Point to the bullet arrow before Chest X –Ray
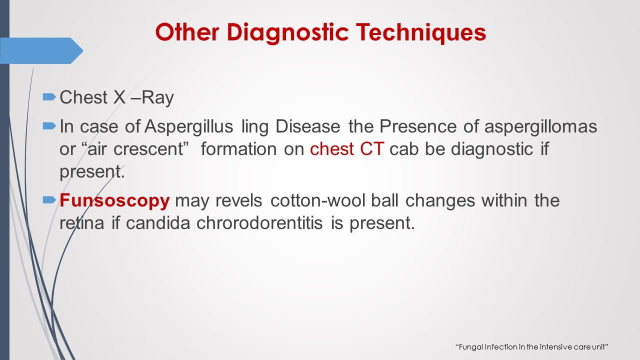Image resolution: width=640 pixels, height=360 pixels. point(49,96)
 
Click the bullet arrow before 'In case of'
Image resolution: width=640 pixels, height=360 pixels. point(49,126)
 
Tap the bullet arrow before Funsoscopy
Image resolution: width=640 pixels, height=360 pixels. point(49,200)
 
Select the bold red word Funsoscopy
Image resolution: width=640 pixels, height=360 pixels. point(115,200)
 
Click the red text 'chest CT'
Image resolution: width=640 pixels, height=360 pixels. point(346,149)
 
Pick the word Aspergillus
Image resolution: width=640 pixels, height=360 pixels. point(189,126)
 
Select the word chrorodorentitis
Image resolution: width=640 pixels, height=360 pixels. point(261,223)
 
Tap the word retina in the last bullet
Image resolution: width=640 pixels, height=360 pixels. point(82,223)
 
